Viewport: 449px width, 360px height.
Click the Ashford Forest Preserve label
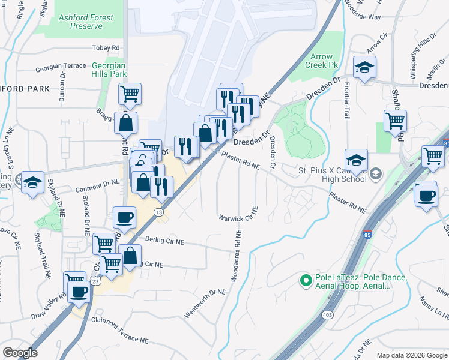point(86,22)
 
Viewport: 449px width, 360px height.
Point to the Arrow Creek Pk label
point(321,61)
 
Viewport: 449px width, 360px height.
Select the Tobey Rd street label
point(106,47)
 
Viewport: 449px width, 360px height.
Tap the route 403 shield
point(327,314)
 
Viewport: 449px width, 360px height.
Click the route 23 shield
point(95,280)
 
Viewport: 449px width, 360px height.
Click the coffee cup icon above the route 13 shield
point(124,217)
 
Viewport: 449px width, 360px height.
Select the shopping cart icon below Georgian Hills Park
point(130,94)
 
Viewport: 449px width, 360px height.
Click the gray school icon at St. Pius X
point(375,174)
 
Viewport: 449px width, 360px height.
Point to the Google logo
point(20,353)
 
